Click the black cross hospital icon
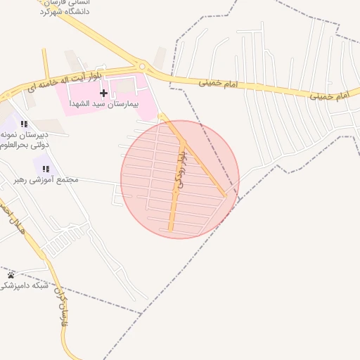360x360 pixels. point(104,93)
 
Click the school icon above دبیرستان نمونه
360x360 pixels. point(25,124)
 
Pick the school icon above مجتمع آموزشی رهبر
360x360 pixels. point(46,169)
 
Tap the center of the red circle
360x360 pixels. point(180,179)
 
